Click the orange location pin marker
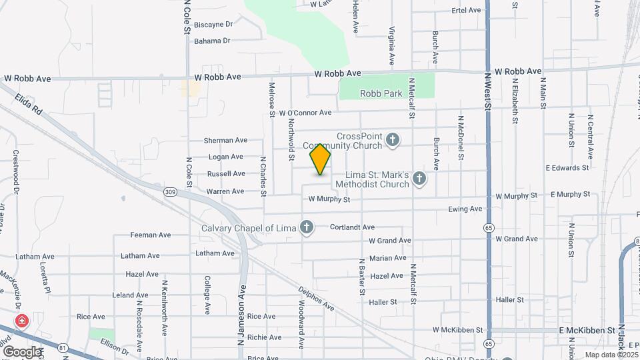pos(321,159)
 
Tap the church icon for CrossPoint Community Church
pos(393,140)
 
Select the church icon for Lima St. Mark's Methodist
pos(419,178)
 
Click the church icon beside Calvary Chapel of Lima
pos(307,228)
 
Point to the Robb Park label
pos(381,94)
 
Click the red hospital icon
pos(22,322)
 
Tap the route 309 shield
pos(171,191)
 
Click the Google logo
pos(22,352)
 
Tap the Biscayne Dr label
pos(213,24)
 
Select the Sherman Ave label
pos(225,141)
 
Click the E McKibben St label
pos(587,330)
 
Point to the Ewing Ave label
pos(465,209)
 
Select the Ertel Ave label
pos(467,11)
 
